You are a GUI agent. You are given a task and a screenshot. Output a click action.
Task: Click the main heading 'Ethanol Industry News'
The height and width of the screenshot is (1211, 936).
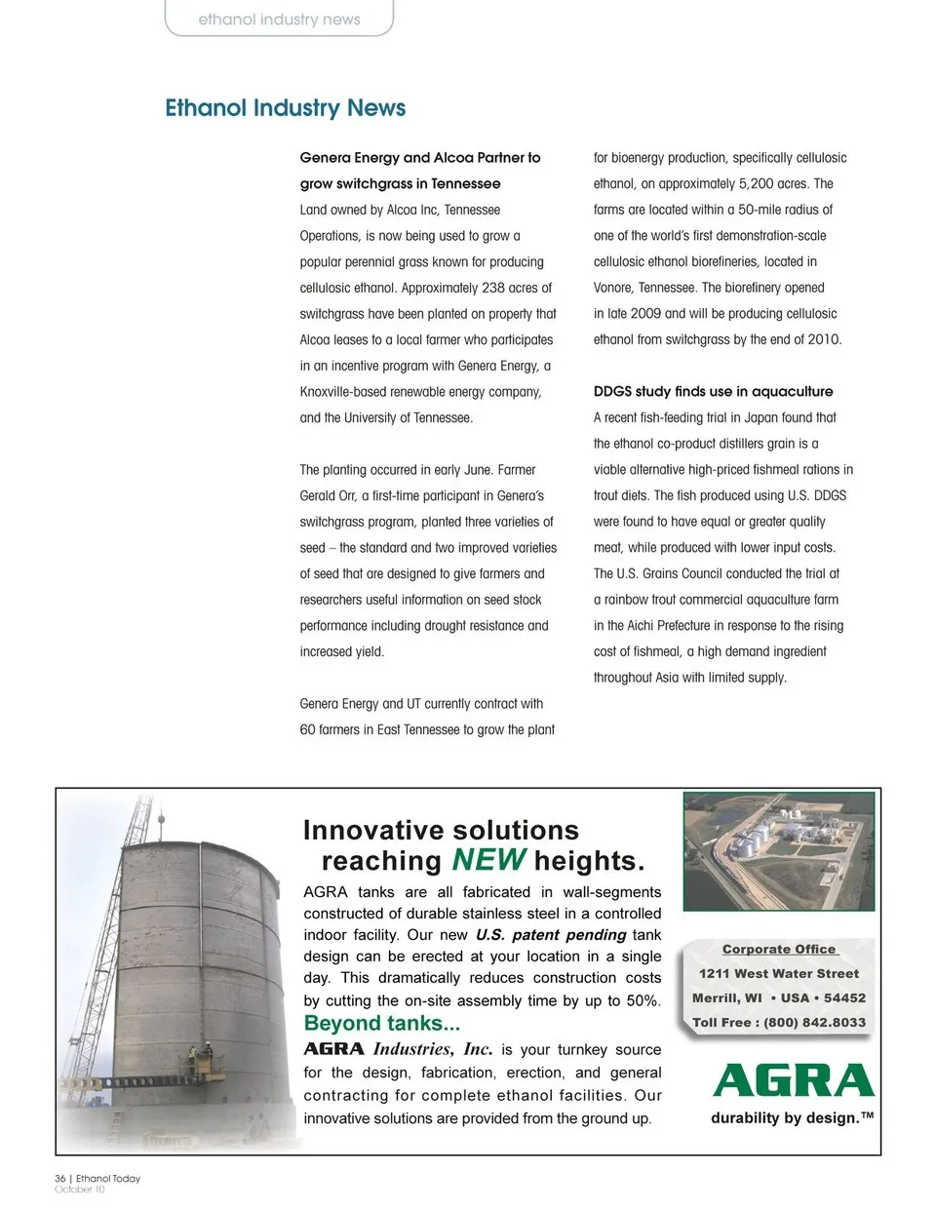click(x=285, y=108)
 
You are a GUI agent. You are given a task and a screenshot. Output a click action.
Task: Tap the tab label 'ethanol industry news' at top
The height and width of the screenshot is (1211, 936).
click(x=279, y=20)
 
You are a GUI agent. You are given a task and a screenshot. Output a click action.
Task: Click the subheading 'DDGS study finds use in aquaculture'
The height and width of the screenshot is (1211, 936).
click(x=713, y=392)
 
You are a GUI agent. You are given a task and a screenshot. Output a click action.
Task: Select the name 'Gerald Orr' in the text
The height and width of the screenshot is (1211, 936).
click(x=326, y=495)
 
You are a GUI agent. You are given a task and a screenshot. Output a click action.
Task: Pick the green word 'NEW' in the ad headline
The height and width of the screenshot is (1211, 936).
click(x=488, y=860)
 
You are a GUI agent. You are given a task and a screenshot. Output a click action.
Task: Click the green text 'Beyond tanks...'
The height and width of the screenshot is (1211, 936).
click(x=382, y=1024)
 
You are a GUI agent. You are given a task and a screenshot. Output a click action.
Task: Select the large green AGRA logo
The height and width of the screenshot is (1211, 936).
click(x=794, y=1081)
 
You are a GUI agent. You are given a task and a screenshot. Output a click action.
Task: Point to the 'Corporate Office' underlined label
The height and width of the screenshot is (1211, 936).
click(x=778, y=950)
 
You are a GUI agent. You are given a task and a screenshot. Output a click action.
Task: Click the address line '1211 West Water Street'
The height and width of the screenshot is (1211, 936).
click(x=778, y=974)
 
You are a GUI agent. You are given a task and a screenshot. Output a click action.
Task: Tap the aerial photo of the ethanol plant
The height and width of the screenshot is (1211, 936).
click(x=778, y=850)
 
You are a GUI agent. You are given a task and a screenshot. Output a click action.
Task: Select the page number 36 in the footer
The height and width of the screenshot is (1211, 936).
click(x=59, y=1179)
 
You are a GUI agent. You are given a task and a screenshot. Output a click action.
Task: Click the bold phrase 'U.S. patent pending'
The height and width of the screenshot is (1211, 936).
click(x=550, y=935)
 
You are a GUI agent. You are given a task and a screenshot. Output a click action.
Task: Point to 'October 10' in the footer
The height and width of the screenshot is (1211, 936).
click(x=80, y=1190)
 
